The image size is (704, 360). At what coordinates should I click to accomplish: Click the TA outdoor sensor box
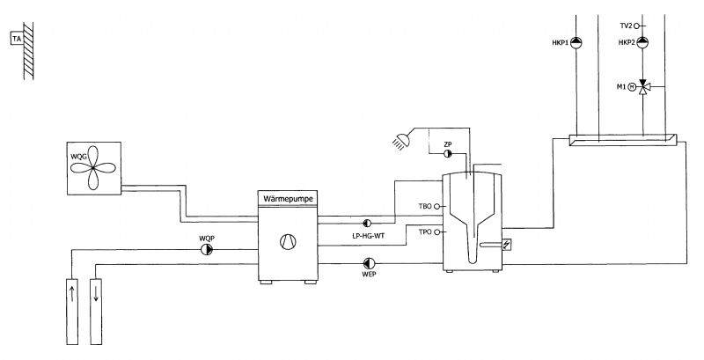(17, 39)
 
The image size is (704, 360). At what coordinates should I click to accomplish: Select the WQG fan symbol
(93, 168)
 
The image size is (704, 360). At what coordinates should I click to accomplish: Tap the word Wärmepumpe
(289, 198)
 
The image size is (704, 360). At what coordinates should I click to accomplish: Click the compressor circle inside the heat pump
(288, 242)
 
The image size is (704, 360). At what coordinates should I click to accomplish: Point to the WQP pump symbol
(207, 250)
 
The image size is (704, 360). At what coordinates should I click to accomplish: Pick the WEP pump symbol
(369, 263)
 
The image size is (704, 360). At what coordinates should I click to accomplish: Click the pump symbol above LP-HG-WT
(367, 223)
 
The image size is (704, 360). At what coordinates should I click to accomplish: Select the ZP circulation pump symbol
(448, 154)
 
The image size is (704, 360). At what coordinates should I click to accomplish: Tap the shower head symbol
(401, 141)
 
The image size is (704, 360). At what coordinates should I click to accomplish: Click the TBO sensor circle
(437, 207)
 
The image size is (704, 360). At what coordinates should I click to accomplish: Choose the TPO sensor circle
(437, 232)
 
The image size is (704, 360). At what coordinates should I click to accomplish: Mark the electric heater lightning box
(507, 244)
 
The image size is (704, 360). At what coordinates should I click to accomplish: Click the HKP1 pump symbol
(576, 42)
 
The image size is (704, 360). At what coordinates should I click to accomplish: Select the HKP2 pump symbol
(642, 42)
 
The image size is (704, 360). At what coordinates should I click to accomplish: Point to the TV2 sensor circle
(636, 26)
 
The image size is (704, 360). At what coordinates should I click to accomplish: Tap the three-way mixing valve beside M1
(643, 87)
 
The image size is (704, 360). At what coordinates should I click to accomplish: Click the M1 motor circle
(632, 87)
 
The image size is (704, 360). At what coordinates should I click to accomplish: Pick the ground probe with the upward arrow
(72, 312)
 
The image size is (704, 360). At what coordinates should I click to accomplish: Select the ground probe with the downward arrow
(96, 312)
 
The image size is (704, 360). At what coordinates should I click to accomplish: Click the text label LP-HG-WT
(368, 236)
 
